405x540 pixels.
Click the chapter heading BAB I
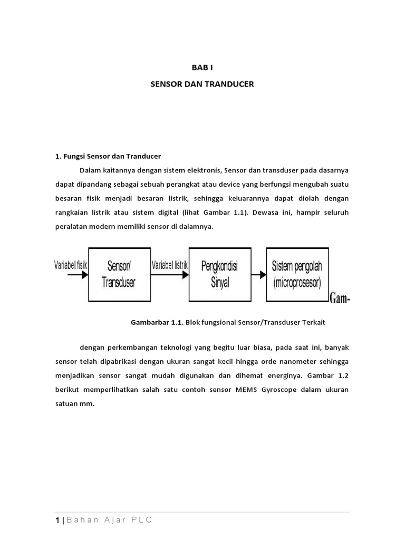(x=202, y=67)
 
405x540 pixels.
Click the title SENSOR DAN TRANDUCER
(x=202, y=83)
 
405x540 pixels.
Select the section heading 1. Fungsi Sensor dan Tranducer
(x=108, y=157)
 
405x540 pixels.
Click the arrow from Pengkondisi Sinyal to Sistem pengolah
(x=258, y=274)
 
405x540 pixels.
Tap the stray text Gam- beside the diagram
(x=340, y=299)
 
